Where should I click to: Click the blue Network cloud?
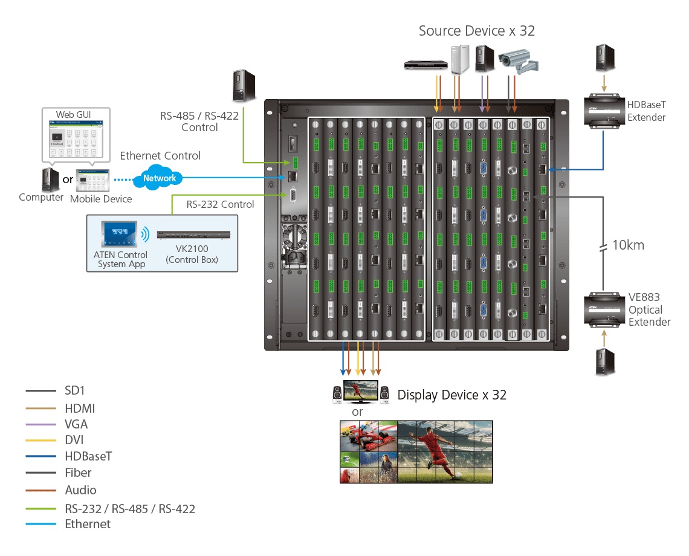[160, 178]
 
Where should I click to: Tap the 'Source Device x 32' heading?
[477, 31]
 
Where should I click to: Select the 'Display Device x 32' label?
[451, 395]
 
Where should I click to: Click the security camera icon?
[518, 60]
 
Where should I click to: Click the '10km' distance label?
[628, 245]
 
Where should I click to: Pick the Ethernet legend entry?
[88, 524]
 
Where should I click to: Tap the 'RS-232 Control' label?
[220, 204]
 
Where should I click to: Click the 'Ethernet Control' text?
[160, 156]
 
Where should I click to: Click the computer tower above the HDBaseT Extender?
[604, 58]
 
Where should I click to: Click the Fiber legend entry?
[78, 473]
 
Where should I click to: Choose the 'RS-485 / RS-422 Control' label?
[199, 121]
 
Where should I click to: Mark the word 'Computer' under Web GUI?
[41, 198]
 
